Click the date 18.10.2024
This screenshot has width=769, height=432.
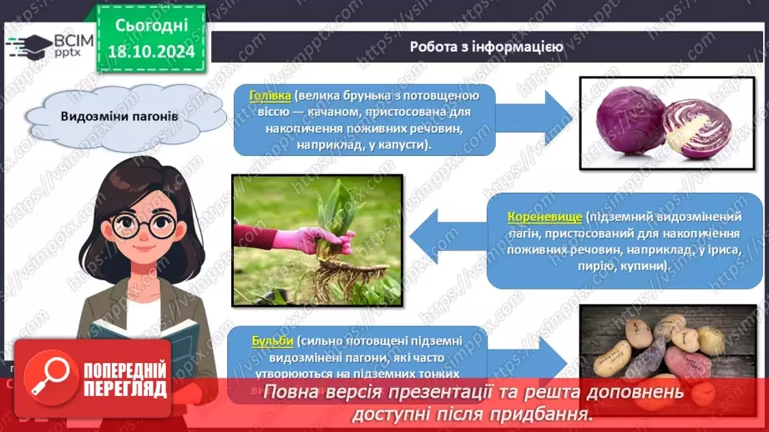150,52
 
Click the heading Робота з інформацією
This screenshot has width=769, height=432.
486,47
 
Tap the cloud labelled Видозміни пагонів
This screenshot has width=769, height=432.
119,117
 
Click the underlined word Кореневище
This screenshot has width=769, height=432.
543,216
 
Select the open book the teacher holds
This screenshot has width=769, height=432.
142,342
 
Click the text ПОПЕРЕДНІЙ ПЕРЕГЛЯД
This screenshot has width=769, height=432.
125,379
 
